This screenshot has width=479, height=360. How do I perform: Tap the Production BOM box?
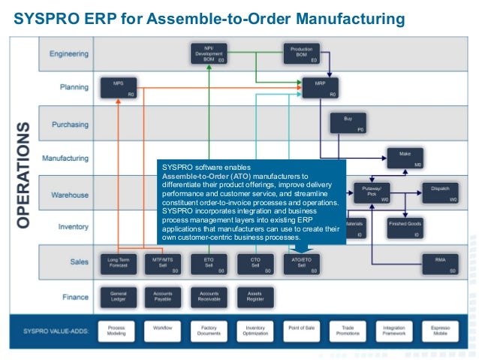301,54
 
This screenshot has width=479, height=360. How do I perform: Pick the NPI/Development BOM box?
209,54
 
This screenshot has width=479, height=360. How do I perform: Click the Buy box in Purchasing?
348,123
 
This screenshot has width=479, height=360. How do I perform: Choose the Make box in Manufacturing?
406,157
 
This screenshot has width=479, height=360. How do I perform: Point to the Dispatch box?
440,193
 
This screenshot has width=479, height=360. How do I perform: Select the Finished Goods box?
406,228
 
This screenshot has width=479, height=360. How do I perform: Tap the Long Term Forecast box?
118,263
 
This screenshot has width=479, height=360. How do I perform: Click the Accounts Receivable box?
209,297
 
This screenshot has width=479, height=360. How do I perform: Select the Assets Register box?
255,297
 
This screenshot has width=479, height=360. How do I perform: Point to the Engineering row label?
69,54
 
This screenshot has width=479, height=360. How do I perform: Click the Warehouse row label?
70,195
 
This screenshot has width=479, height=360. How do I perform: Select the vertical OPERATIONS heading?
23,176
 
